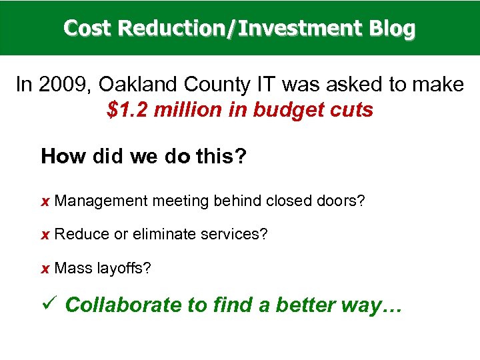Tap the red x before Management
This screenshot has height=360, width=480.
tap(45, 201)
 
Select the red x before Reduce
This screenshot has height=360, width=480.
tap(45, 235)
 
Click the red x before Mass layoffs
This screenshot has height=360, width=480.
tap(45, 269)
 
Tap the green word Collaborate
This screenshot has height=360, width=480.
tap(124, 305)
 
